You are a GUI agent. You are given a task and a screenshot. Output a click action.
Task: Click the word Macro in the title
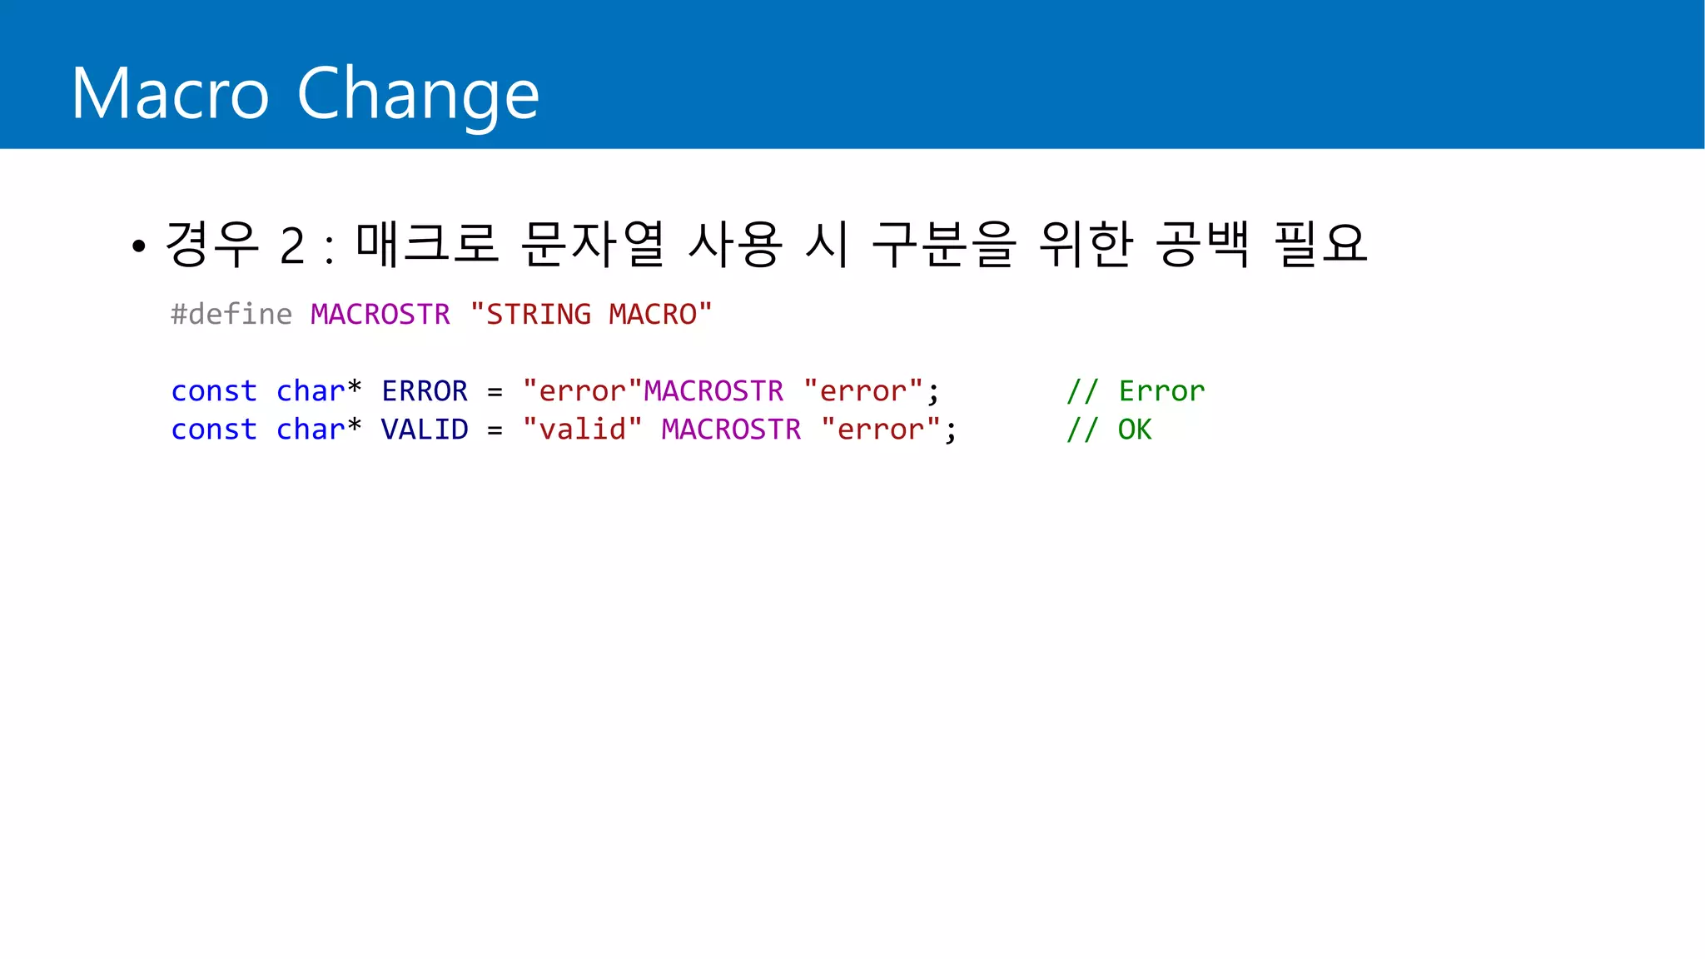[x=170, y=93]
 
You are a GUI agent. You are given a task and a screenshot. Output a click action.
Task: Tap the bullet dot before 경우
[x=139, y=246]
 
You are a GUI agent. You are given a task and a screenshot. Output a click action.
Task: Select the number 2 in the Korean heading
[x=292, y=246]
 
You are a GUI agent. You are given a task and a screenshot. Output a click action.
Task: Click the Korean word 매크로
[x=426, y=244]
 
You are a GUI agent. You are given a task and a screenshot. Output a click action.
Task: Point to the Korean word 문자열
[x=592, y=244]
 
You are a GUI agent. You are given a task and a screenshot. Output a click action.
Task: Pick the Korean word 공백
[x=1202, y=244]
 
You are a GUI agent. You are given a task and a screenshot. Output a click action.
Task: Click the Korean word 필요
[x=1320, y=244]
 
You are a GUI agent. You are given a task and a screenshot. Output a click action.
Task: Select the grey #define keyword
[x=231, y=315]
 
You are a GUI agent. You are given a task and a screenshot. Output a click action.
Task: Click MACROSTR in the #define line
[x=380, y=315]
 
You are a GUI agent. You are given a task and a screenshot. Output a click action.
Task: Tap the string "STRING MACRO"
[x=591, y=315]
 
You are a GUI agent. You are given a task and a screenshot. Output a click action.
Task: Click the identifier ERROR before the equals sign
[x=425, y=391]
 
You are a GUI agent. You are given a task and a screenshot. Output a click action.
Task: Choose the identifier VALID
[x=425, y=430]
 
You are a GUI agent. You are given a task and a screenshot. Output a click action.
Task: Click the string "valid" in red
[x=582, y=430]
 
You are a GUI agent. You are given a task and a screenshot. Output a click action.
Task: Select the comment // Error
[x=1136, y=391]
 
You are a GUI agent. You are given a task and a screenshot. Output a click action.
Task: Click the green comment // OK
[x=1109, y=430]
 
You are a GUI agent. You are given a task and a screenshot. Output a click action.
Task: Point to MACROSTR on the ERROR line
[x=713, y=391]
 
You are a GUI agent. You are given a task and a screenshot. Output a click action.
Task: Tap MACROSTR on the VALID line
[x=731, y=430]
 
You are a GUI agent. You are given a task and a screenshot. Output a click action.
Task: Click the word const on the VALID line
[x=214, y=430]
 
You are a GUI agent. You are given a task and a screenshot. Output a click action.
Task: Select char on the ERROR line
[x=311, y=391]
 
